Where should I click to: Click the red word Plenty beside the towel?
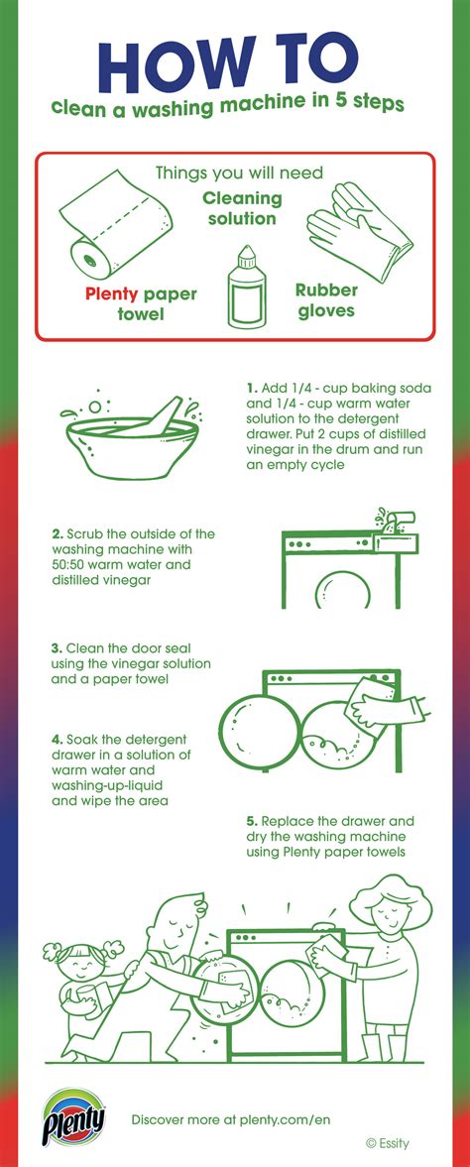tap(112, 292)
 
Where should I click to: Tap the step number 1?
tap(252, 386)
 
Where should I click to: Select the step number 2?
tap(58, 533)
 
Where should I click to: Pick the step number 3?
tap(58, 647)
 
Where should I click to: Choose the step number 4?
tap(58, 739)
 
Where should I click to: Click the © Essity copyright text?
tap(387, 1143)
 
